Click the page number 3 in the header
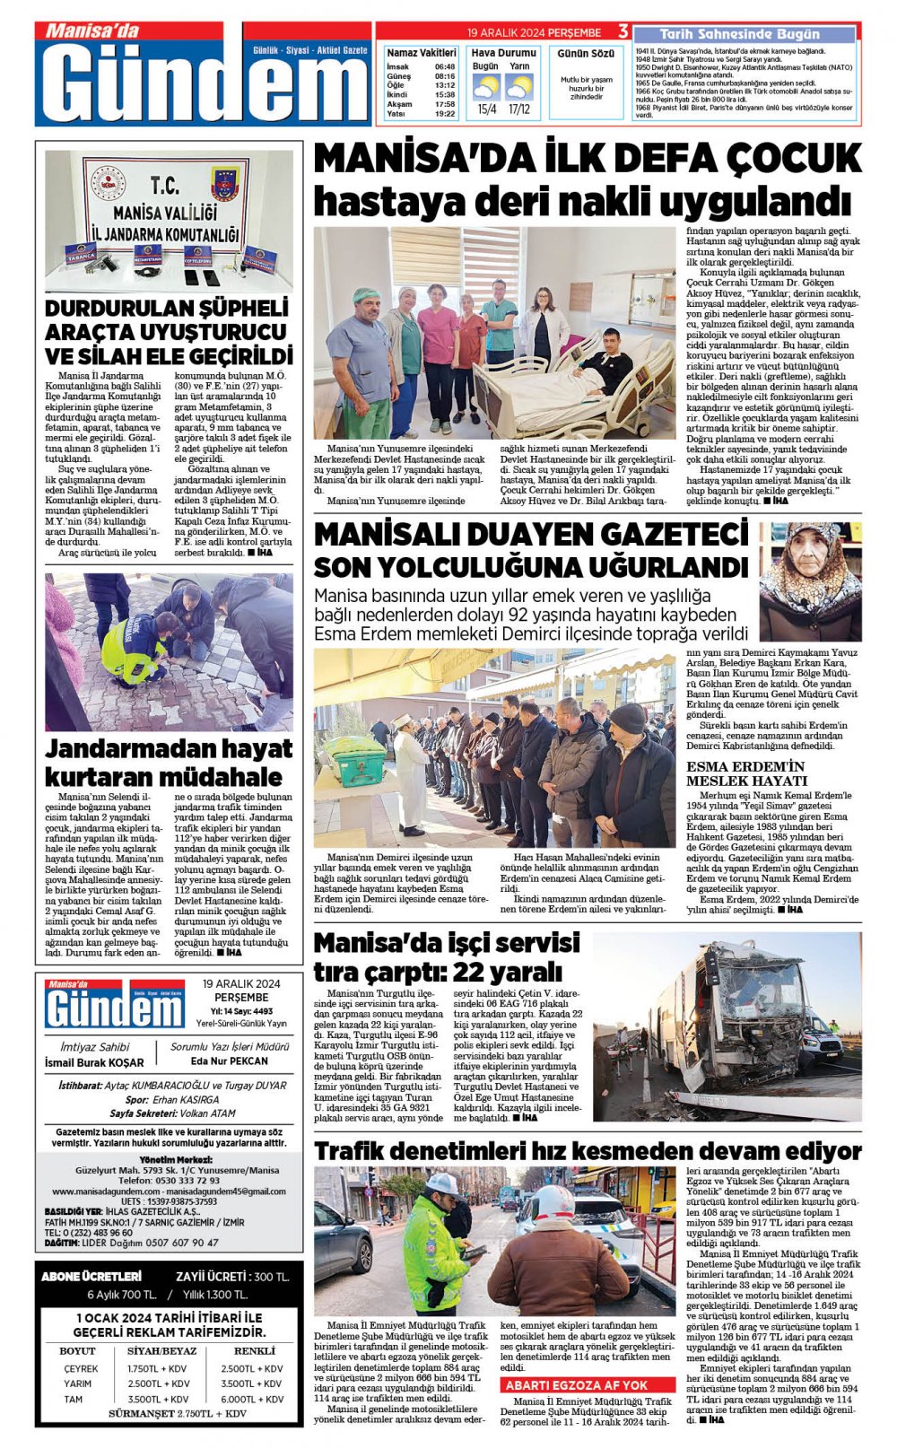click(623, 32)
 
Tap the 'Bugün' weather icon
click(486, 88)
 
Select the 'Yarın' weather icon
click(518, 88)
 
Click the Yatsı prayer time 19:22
click(444, 114)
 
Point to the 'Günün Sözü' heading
click(586, 54)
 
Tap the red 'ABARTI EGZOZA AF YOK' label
click(576, 1385)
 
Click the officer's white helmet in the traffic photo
click(443, 1186)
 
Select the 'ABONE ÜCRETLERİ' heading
click(91, 1276)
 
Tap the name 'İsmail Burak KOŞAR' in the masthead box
click(94, 1062)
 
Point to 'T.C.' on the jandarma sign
click(164, 186)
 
